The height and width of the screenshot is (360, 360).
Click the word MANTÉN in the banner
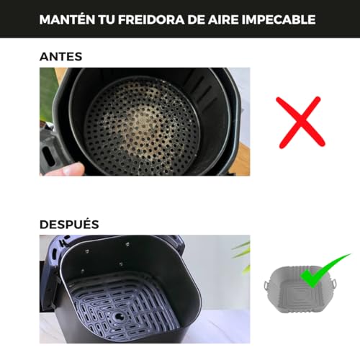click(67, 19)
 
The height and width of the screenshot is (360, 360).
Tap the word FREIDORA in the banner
click(151, 19)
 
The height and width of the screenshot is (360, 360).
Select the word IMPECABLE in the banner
click(279, 19)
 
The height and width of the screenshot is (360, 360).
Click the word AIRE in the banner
click(223, 19)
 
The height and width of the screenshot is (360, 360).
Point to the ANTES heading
click(61, 57)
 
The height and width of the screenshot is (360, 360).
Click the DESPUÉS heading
click(69, 224)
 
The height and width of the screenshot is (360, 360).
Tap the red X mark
click(300, 122)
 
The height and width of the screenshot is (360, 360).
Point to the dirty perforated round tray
click(142, 125)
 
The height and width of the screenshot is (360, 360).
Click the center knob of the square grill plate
click(118, 316)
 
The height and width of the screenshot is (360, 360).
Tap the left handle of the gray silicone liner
click(266, 285)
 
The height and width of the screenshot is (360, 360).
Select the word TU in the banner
click(107, 19)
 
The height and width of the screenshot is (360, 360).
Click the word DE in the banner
click(196, 19)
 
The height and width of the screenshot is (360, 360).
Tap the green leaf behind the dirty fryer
click(47, 94)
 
